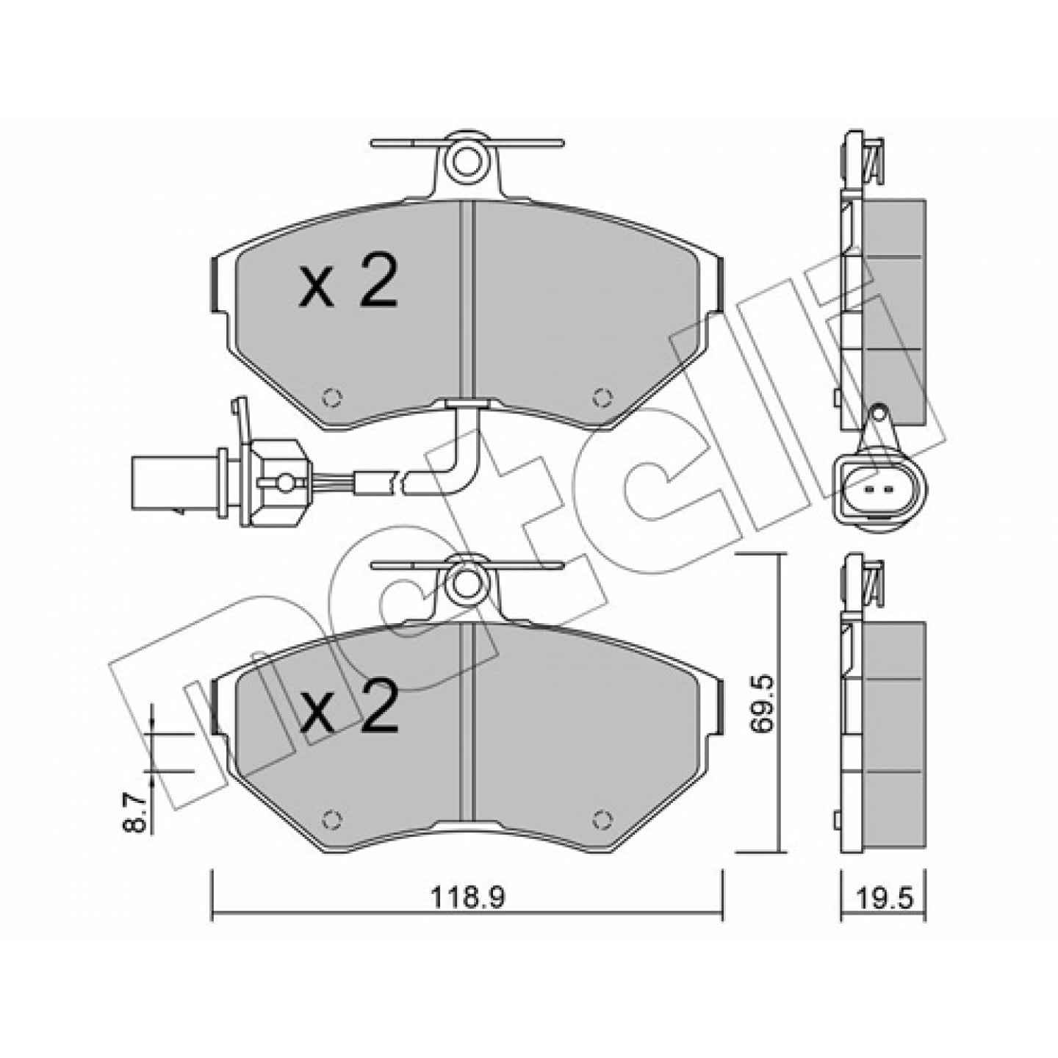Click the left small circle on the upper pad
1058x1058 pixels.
[x=331, y=397]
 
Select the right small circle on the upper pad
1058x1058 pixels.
[x=602, y=397]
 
